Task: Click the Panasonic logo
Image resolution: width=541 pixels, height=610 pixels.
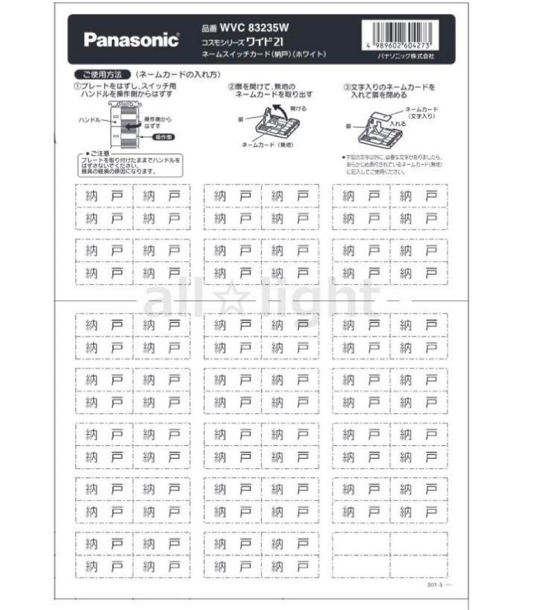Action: (131, 40)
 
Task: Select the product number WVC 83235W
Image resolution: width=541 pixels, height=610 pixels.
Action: (256, 27)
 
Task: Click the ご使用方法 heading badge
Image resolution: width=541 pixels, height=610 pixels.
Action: (102, 75)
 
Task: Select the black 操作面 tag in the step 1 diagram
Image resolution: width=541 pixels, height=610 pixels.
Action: (154, 137)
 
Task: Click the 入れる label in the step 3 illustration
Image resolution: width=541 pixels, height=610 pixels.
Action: (397, 123)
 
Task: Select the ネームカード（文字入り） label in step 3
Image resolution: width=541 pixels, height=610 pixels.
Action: (421, 112)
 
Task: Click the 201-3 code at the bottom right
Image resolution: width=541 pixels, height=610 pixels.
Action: (434, 585)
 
